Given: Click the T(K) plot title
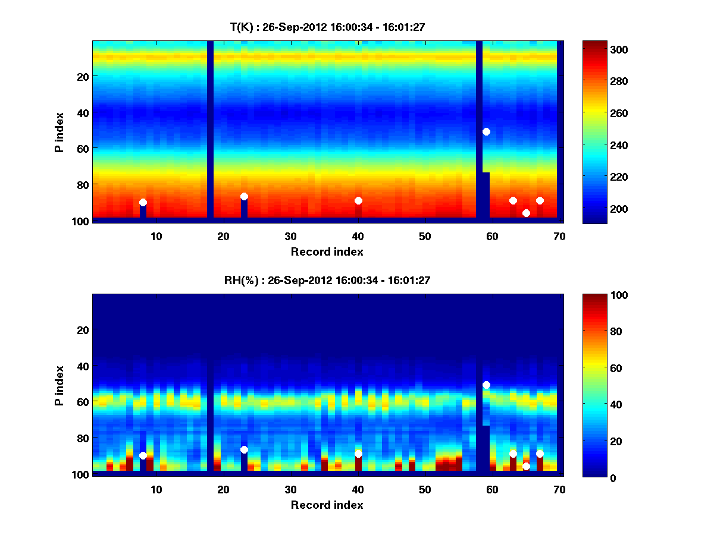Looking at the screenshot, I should tap(327, 27).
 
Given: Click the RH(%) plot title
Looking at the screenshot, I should tap(327, 281).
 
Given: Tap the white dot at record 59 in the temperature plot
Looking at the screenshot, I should tap(486, 131).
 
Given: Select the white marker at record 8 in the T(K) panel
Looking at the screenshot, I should tap(143, 202).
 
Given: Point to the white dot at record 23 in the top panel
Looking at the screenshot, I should tap(244, 196).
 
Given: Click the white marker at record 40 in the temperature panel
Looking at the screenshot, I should tap(358, 200).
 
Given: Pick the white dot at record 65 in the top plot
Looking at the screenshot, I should tap(526, 213).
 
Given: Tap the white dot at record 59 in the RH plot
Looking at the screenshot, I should tap(486, 385).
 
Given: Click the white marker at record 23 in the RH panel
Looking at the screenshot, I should tap(244, 449).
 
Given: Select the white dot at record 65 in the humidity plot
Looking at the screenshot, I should tap(526, 466).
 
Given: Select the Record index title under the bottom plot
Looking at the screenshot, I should tap(327, 505).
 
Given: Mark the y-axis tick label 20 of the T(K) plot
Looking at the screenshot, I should tap(83, 76).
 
